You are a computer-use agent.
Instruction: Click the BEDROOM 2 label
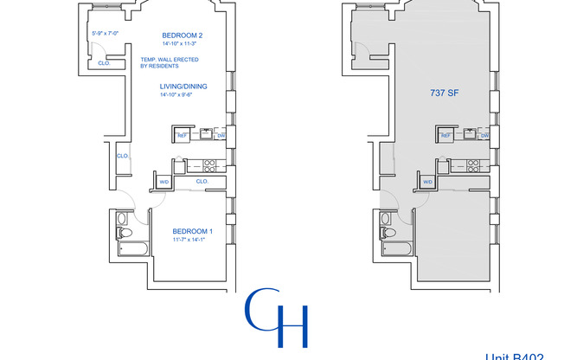point(181,36)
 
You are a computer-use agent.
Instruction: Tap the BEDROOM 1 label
point(192,231)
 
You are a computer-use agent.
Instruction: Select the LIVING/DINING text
point(183,87)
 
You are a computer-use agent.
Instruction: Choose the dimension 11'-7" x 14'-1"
point(192,241)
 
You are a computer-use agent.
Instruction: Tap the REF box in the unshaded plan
point(183,135)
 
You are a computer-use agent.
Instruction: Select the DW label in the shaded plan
point(484,135)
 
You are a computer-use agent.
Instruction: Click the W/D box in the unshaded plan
point(164,182)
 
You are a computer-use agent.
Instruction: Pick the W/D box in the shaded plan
point(427,182)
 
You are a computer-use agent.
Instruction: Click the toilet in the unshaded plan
point(122,234)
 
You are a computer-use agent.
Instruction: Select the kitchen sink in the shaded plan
point(470,133)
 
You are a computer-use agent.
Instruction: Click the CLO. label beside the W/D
point(202,182)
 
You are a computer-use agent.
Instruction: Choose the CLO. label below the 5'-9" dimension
point(103,62)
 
